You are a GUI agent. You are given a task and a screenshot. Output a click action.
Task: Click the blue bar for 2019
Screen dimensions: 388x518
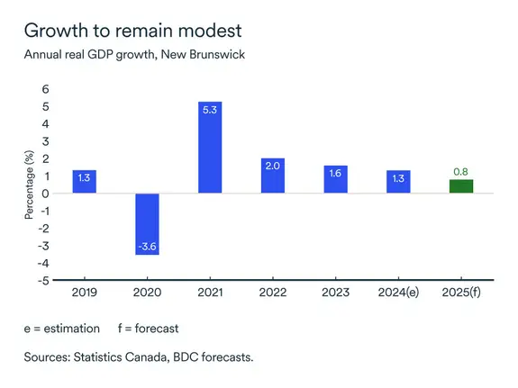click(85, 182)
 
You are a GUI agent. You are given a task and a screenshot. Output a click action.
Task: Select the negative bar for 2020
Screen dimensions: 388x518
click(148, 224)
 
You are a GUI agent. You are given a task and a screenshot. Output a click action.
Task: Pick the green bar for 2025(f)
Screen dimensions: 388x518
click(461, 186)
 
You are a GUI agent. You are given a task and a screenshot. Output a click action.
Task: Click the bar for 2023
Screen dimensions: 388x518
click(336, 179)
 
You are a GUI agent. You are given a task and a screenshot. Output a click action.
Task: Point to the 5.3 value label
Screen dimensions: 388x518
click(210, 110)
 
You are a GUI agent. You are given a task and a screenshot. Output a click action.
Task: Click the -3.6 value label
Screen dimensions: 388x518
click(148, 247)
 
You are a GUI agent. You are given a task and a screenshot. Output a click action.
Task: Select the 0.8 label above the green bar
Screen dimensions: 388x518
click(461, 171)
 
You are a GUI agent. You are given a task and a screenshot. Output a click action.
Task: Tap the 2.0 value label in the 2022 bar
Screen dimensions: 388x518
click(273, 167)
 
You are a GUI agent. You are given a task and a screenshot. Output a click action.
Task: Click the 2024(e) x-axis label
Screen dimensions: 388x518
click(398, 293)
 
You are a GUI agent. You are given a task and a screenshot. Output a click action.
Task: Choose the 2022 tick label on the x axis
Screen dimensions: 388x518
click(273, 293)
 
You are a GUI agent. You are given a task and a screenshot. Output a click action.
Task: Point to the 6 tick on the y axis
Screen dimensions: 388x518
click(46, 90)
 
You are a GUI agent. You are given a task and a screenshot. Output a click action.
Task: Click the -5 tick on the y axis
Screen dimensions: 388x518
click(43, 280)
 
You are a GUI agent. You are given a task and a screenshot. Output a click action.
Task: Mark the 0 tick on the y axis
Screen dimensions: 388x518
click(46, 194)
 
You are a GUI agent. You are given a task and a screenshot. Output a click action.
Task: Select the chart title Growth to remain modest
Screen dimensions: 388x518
click(133, 30)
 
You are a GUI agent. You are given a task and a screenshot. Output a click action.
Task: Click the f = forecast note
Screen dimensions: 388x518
click(150, 328)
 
